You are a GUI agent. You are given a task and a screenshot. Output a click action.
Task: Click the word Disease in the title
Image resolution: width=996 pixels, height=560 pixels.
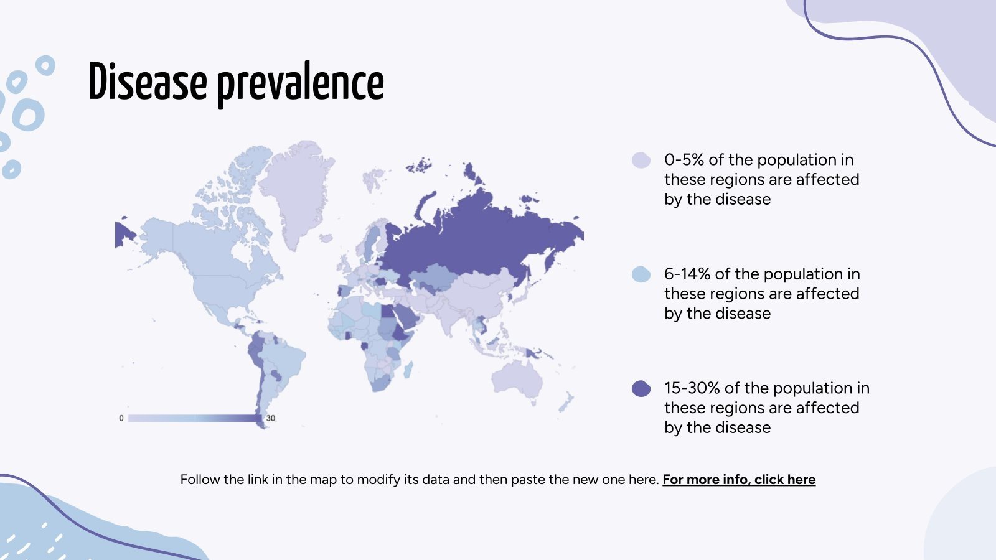pyautogui.click(x=148, y=82)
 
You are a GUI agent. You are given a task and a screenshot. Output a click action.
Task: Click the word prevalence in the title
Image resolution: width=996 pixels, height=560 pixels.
pyautogui.click(x=301, y=85)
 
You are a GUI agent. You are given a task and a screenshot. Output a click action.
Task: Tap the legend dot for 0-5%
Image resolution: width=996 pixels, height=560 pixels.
pyautogui.click(x=641, y=160)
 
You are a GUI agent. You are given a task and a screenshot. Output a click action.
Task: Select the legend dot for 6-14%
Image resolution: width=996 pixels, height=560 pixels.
pyautogui.click(x=641, y=274)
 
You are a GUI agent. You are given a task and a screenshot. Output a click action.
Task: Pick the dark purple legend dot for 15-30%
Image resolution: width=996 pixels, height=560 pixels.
pyautogui.click(x=641, y=388)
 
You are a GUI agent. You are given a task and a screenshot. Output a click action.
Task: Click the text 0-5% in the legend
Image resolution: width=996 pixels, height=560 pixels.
pyautogui.click(x=684, y=159)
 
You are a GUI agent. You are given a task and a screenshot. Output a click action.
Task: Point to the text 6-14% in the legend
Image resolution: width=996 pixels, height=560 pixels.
pyautogui.click(x=687, y=274)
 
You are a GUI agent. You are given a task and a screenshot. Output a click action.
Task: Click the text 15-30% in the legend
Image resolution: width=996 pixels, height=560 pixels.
pyautogui.click(x=692, y=388)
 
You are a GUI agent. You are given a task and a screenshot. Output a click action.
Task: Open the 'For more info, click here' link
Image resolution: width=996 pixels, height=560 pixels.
pyautogui.click(x=739, y=480)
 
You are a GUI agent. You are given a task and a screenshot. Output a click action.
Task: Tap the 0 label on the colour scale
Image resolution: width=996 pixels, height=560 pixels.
pyautogui.click(x=121, y=418)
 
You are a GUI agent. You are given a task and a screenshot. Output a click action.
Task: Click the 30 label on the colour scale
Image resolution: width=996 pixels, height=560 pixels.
pyautogui.click(x=270, y=418)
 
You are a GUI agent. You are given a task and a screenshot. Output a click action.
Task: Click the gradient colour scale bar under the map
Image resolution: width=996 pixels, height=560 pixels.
pyautogui.click(x=195, y=418)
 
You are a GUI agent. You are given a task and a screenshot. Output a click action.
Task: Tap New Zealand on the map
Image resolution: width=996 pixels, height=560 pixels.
pyautogui.click(x=566, y=401)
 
